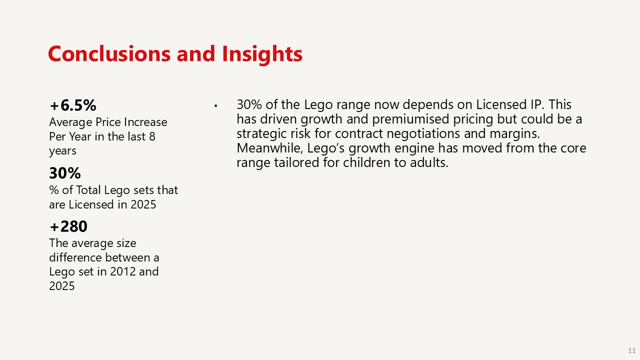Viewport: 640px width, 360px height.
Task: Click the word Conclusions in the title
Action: pos(109,53)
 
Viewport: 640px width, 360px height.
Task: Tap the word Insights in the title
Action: pos(262,54)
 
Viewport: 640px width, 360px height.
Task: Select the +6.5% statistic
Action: pos(73,105)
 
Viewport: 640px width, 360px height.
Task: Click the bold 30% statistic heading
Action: pos(65,173)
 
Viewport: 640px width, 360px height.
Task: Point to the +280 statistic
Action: pos(68,226)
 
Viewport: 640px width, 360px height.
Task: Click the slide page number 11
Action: pos(631,350)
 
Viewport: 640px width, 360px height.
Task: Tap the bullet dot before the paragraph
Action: pos(215,106)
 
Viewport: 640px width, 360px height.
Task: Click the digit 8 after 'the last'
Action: pos(152,136)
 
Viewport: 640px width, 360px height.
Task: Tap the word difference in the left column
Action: pos(75,257)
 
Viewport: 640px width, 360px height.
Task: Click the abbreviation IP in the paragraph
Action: pos(535,104)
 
